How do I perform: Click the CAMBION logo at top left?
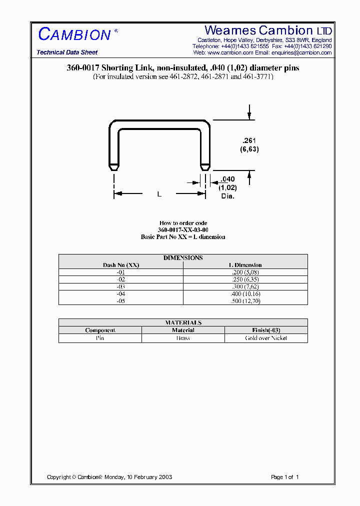point(74,34)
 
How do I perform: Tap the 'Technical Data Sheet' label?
point(67,52)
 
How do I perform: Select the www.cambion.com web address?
point(230,52)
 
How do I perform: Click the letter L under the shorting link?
point(159,194)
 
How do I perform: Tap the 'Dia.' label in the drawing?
point(228,196)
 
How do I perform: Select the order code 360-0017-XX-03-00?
point(183,230)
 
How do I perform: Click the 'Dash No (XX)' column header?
point(121,265)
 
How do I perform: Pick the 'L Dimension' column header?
point(245,265)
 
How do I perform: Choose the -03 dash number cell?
point(121,287)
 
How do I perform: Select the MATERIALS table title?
point(183,322)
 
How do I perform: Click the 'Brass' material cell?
point(183,338)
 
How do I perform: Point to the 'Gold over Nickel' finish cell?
point(266,338)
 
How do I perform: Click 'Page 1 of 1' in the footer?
point(284,477)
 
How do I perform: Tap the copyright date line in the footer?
point(109,477)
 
